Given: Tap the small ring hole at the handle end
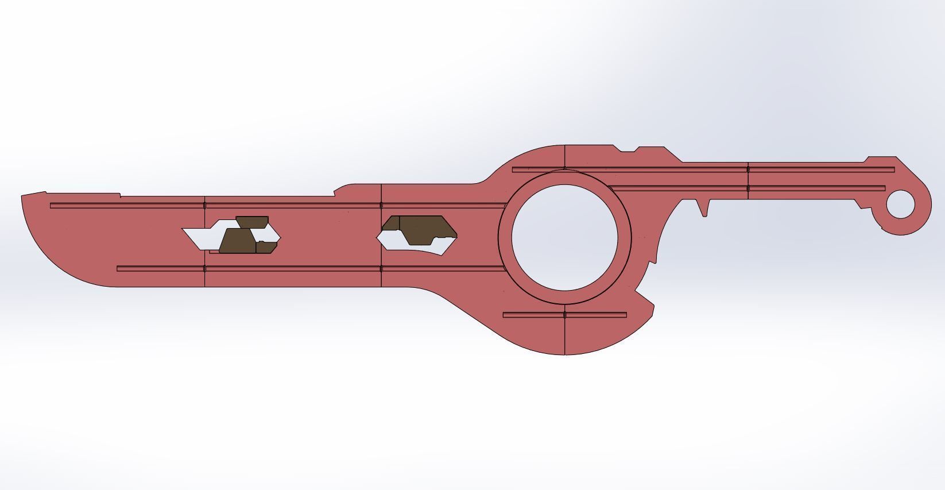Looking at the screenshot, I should pyautogui.click(x=900, y=204).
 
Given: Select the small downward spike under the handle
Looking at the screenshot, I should pyautogui.click(x=704, y=208).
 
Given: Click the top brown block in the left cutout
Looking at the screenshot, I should pyautogui.click(x=251, y=220).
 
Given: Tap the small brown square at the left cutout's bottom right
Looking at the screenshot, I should pyautogui.click(x=266, y=247).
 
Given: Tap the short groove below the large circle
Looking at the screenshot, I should pyautogui.click(x=564, y=315).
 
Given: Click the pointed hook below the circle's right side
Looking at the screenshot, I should pyautogui.click(x=646, y=299).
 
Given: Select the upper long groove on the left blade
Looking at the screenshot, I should pyautogui.click(x=276, y=205).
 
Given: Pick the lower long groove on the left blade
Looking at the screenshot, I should pyautogui.click(x=310, y=268).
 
